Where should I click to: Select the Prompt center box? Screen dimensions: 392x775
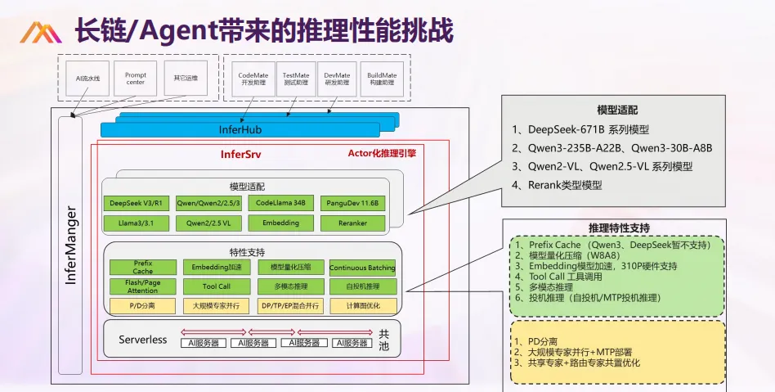click(135, 79)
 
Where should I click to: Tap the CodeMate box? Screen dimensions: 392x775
click(253, 79)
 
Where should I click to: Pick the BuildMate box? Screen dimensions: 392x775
click(382, 79)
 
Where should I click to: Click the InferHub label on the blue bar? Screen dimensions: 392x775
click(240, 130)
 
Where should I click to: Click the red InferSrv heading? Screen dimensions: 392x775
click(240, 154)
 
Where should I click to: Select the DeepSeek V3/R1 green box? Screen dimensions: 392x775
click(135, 203)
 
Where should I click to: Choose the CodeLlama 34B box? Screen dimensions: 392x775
click(280, 203)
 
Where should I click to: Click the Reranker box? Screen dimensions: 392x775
click(353, 223)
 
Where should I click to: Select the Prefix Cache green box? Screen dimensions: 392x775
click(142, 267)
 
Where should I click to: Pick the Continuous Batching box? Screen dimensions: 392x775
click(362, 268)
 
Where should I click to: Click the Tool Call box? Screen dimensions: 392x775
click(217, 286)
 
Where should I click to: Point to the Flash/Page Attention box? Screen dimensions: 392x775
click(142, 286)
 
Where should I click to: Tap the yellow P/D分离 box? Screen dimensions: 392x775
click(142, 306)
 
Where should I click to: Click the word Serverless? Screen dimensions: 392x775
click(142, 339)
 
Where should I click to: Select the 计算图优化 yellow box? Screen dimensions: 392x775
click(362, 306)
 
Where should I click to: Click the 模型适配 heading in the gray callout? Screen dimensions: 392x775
click(617, 110)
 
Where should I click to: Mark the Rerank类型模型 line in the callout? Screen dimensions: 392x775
click(557, 185)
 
